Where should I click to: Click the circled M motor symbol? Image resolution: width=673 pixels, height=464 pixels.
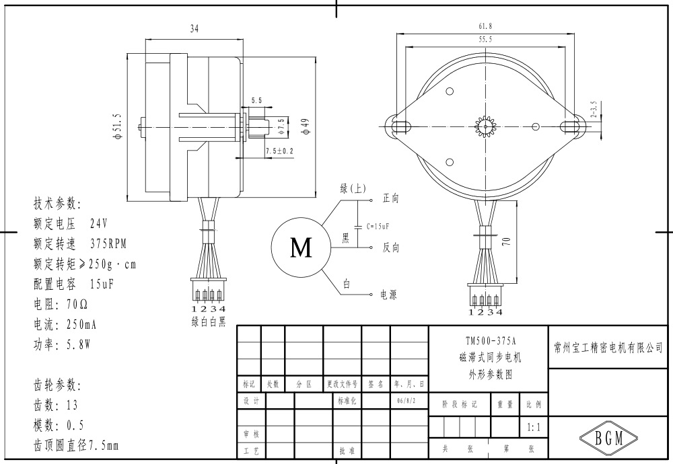301,248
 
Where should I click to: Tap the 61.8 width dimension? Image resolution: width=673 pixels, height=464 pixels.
485,26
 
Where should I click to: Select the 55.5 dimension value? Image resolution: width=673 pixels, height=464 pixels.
485,40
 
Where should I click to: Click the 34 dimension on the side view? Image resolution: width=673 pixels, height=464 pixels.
194,29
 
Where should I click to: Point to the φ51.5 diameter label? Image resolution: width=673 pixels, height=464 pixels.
117,126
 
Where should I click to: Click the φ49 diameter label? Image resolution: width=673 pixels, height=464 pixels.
304,126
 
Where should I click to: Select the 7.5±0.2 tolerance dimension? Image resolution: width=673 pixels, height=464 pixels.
279,151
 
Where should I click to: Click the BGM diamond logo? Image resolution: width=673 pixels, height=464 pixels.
608,438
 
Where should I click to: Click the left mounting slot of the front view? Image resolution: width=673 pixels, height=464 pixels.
400,126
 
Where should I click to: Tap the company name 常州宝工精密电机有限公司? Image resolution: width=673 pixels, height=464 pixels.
607,348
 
